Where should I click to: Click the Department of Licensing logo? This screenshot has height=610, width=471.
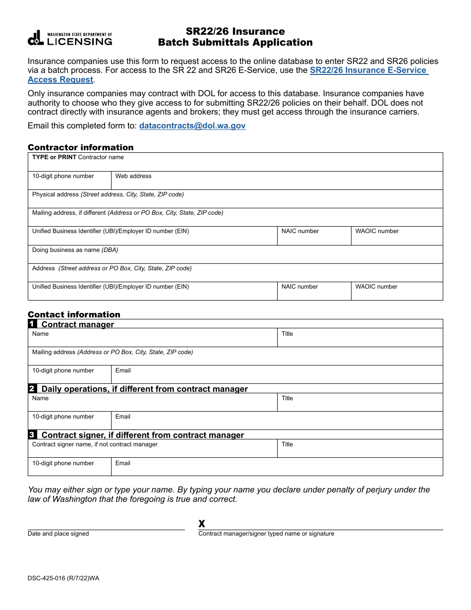coord(70,38)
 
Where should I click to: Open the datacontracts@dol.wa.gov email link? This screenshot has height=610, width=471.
coord(192,126)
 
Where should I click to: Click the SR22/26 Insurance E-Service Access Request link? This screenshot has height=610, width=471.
coord(368,70)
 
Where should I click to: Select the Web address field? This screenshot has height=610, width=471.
coord(277,181)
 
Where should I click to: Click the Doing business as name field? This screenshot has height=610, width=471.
coord(235,255)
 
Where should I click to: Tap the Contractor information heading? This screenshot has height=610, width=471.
coord(80,147)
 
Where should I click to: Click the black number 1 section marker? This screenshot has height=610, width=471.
coord(32,324)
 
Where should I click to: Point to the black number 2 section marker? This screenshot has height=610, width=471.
coord(32,389)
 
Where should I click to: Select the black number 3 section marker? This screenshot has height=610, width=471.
coord(32,435)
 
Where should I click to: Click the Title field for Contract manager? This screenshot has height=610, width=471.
coord(359,338)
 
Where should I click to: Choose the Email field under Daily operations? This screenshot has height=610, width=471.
coord(277,421)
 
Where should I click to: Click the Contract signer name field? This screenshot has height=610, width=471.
coord(152,449)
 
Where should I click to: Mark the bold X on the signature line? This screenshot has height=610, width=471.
coord(202,524)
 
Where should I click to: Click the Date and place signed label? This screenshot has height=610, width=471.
coord(59,534)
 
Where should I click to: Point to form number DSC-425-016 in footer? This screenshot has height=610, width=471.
coord(63,578)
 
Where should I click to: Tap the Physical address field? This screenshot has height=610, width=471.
coord(235,199)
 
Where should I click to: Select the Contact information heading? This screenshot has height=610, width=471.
coord(74,314)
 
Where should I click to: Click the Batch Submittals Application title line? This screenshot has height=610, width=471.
coord(235,43)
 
